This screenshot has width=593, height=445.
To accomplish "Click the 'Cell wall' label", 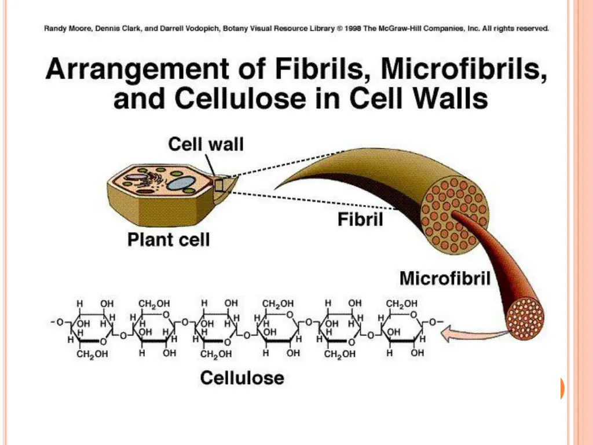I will coord(206,144).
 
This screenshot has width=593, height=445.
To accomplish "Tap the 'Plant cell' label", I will coord(169,239).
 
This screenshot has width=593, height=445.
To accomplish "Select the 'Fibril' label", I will coord(360,220).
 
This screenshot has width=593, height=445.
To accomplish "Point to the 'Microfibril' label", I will coord(445,278).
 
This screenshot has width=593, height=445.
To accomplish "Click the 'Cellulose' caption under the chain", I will coord(242,378).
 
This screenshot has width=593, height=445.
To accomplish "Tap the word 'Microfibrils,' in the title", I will coord(463,71).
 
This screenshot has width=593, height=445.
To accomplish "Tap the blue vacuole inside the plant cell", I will coord(181,184).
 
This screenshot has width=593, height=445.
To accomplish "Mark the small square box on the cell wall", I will coord(219,185).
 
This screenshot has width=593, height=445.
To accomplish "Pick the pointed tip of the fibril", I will coord(277,187).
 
